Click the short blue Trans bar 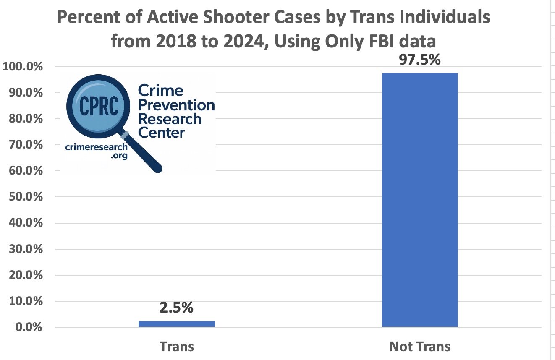point(176,323)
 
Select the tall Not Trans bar point(419,200)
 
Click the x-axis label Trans point(177,347)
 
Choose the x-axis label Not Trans point(419,347)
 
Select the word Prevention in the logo point(176,105)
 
